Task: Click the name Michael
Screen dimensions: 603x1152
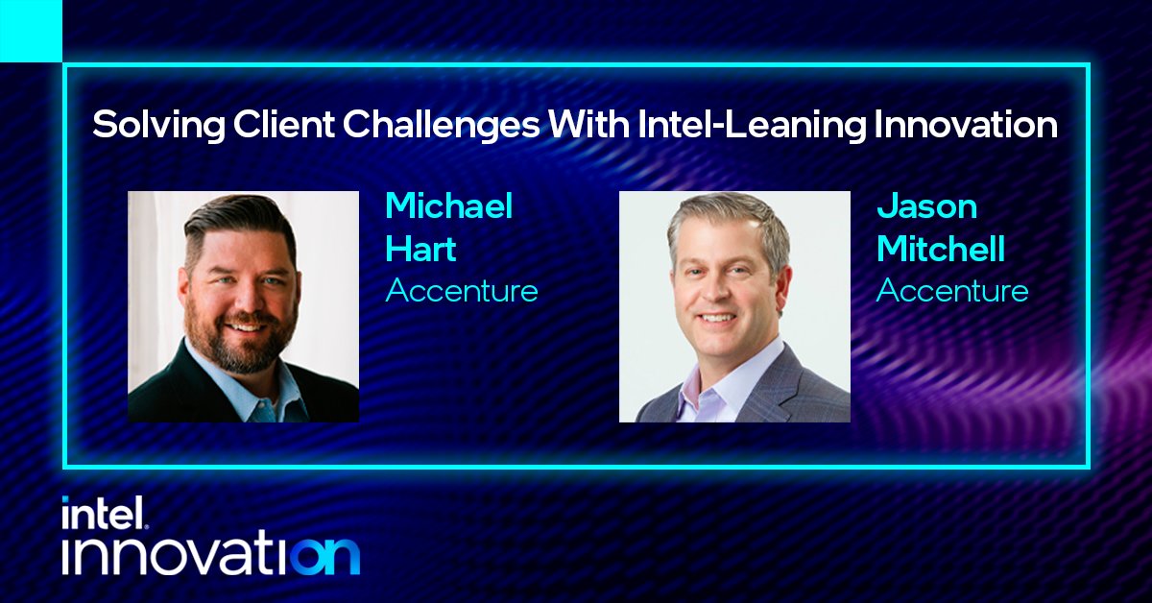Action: pos(449,206)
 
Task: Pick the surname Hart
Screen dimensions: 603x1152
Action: pos(420,250)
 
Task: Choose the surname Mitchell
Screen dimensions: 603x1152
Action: pos(940,250)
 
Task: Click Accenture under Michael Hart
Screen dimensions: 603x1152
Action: pos(461,291)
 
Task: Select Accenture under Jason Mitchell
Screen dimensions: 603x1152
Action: pos(951,291)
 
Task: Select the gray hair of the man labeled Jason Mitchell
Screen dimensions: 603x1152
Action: pos(730,216)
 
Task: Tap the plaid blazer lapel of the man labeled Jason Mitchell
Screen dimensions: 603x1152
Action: pos(782,389)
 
